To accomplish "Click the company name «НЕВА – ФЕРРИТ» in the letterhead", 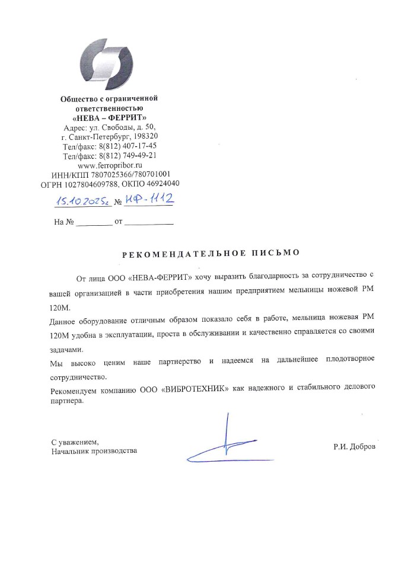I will pos(110,117).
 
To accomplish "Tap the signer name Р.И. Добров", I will pos(354,446).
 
